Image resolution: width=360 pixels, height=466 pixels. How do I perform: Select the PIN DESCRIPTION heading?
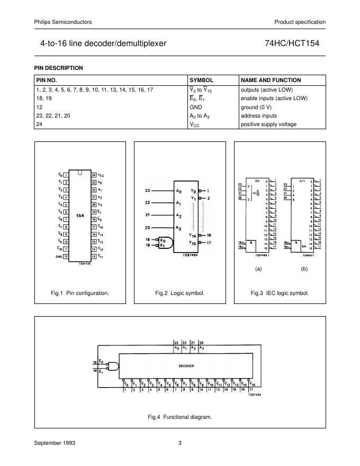click(59, 68)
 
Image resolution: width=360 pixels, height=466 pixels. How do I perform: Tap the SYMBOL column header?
click(201, 80)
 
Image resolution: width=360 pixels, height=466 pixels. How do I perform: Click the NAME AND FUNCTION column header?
click(271, 80)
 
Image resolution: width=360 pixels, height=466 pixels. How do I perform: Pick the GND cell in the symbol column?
click(196, 107)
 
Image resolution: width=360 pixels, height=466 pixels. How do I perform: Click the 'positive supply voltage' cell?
click(268, 124)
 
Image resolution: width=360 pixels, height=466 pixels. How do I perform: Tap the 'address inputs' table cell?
click(259, 115)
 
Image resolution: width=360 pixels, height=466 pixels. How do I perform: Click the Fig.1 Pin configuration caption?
click(80, 293)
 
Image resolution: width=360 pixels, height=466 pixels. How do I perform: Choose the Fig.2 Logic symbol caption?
click(179, 293)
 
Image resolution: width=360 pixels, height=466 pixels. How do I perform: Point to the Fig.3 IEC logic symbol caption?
click(280, 293)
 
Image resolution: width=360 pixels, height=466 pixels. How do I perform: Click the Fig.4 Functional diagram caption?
click(180, 417)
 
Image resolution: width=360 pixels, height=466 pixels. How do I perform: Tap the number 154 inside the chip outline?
click(79, 216)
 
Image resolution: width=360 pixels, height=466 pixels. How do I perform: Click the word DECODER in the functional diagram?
click(185, 366)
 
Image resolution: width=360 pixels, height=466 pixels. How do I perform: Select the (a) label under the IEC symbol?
click(258, 269)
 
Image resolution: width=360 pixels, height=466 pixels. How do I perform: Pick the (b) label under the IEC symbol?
click(304, 269)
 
